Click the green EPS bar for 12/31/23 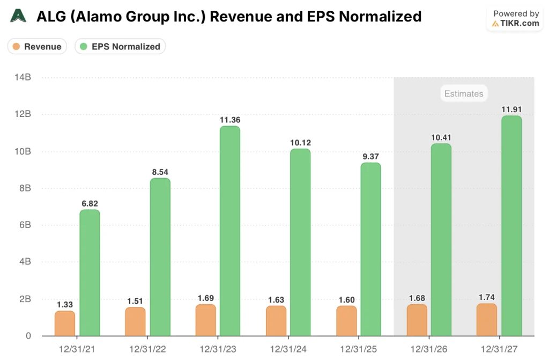point(230,231)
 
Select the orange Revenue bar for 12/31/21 point(65,324)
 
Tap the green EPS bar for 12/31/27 point(511,226)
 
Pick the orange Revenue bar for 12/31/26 point(417,320)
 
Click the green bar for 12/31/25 point(370,249)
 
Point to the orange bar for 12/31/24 point(276,321)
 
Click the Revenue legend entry point(37,47)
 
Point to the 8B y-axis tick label point(24,188)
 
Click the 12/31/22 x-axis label point(148,349)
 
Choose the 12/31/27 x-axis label point(500,349)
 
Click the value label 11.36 point(230,120)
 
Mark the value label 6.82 point(90,203)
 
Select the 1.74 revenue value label point(487,298)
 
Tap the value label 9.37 point(370,157)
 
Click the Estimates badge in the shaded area point(464,94)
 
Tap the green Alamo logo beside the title point(18,16)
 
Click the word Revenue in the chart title point(236,17)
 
